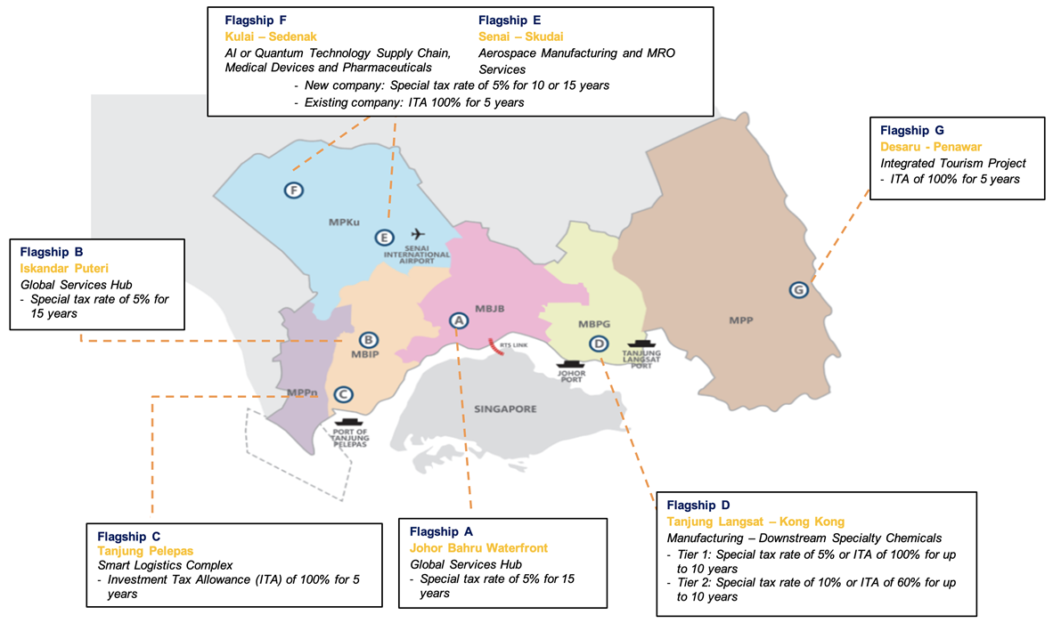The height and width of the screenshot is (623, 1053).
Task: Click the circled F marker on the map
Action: point(293,190)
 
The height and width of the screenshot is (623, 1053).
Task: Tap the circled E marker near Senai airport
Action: point(384,238)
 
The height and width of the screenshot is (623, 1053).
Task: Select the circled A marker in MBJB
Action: point(458,320)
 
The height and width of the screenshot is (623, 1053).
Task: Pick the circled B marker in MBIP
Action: point(368,339)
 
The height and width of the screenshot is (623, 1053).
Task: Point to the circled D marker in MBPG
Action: point(600,344)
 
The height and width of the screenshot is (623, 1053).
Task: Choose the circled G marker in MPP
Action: point(799,290)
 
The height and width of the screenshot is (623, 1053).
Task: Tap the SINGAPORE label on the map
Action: point(505,409)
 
